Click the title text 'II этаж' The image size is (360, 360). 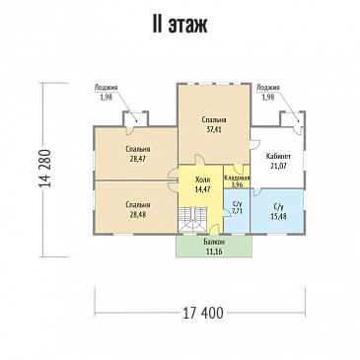(180, 25)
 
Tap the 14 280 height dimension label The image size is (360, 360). (45, 169)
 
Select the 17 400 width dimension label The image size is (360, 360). (202, 313)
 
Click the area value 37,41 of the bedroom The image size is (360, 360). (214, 129)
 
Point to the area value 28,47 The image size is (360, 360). (138, 159)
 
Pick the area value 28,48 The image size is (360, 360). (138, 215)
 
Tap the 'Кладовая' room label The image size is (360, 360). (237, 178)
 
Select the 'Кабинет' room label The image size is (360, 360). (278, 156)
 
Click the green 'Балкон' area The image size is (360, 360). (214, 246)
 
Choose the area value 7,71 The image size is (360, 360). (237, 211)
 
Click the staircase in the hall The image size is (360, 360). (192, 219)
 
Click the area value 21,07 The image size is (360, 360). (278, 166)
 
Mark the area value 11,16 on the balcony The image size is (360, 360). (214, 252)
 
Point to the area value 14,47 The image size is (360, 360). (202, 189)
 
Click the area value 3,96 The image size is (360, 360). (237, 184)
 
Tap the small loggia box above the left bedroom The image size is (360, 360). (135, 118)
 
